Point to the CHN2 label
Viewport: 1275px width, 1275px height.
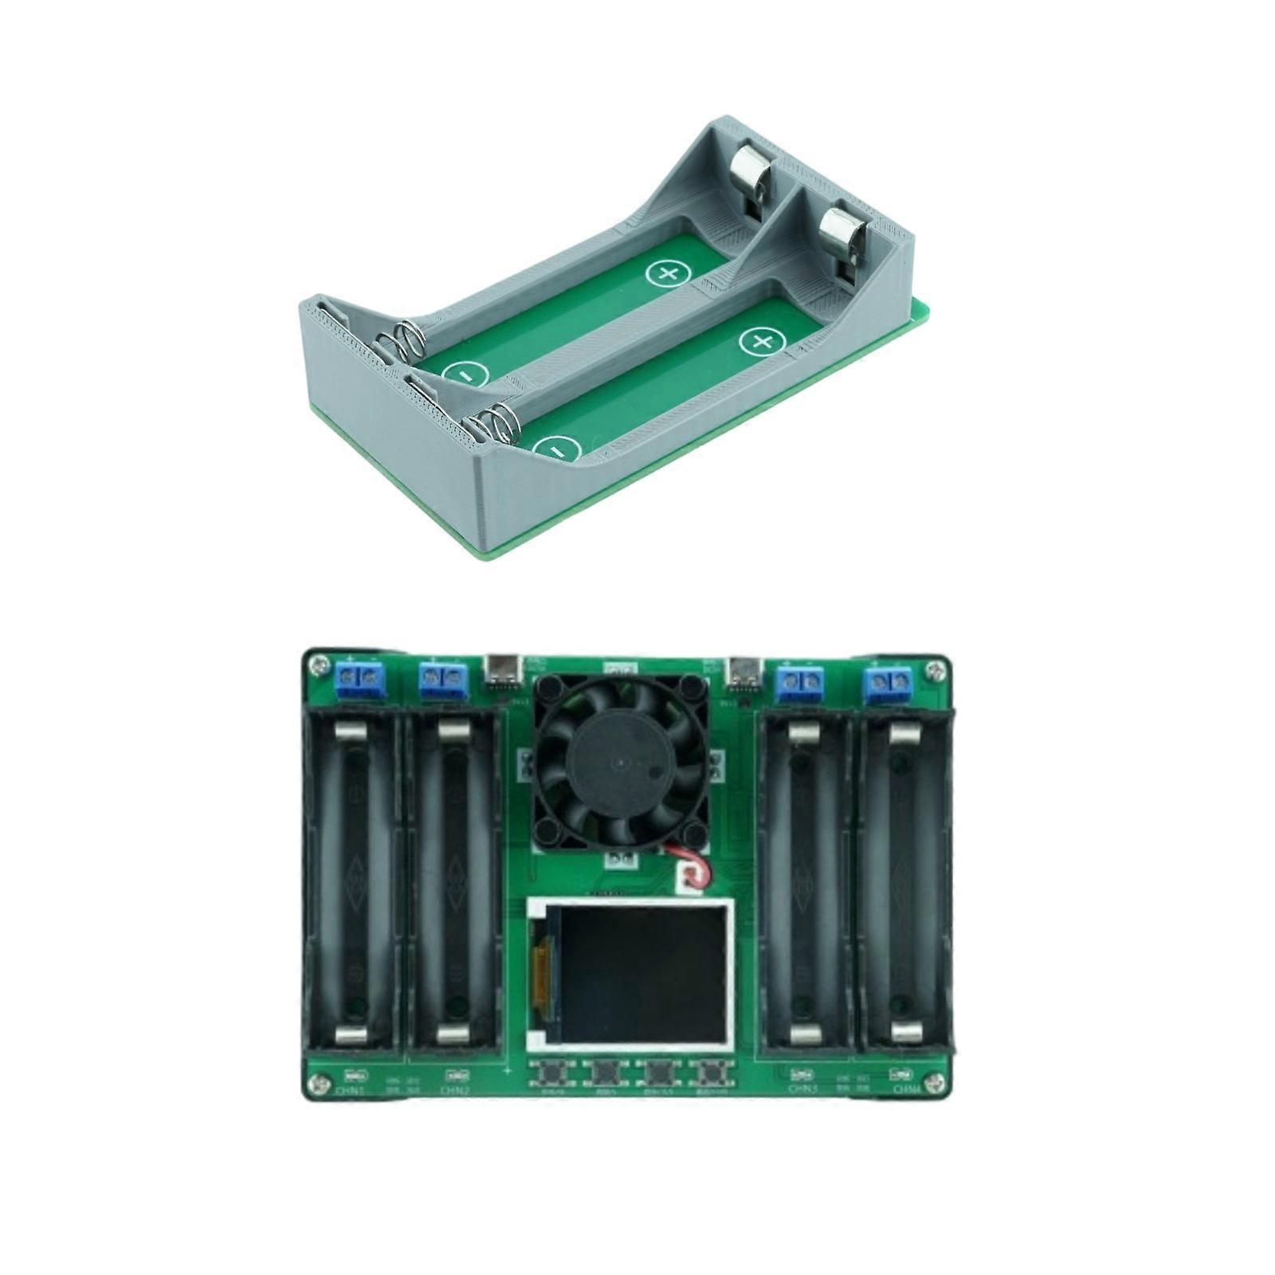point(456,1089)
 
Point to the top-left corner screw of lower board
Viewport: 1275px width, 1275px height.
point(319,663)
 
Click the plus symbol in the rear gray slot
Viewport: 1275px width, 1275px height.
point(665,274)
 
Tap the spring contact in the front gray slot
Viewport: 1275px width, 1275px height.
point(501,424)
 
